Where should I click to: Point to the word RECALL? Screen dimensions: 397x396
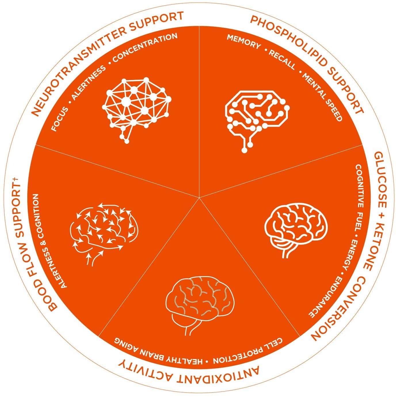click(x=282, y=59)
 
